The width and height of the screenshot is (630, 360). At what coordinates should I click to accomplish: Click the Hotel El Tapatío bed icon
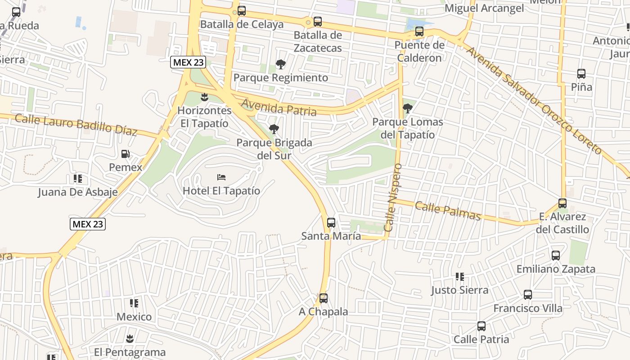pos(221,177)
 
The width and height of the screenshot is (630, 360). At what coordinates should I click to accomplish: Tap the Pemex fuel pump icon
pos(125,154)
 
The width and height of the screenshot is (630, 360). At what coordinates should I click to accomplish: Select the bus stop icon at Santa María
pos(331,222)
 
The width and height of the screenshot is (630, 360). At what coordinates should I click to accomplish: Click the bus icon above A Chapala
pos(324,298)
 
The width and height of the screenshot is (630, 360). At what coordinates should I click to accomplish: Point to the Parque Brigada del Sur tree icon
pos(274,130)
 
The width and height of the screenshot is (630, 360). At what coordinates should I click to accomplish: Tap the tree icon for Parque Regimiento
pos(281,64)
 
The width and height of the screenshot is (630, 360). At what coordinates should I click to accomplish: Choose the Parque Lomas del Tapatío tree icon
pos(408,108)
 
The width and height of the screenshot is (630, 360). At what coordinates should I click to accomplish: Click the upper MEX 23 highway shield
pos(188,62)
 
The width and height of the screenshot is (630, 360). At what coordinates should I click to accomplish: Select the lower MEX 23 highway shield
pos(88,224)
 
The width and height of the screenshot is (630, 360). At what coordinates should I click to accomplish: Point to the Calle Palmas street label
pos(448,211)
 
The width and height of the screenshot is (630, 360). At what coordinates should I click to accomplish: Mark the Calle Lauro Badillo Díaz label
pos(76,125)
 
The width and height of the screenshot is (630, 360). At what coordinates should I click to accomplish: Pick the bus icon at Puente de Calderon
pos(419,31)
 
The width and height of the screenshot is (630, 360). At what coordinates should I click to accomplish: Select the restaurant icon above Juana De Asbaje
pos(78,179)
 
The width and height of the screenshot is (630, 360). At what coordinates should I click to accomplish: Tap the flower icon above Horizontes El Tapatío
pos(205,97)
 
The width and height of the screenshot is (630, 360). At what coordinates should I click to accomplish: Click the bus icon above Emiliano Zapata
pos(556,256)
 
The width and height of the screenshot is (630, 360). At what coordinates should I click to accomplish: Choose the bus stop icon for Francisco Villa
pos(528,295)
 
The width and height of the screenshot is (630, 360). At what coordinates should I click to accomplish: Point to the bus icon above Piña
pos(581,74)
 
